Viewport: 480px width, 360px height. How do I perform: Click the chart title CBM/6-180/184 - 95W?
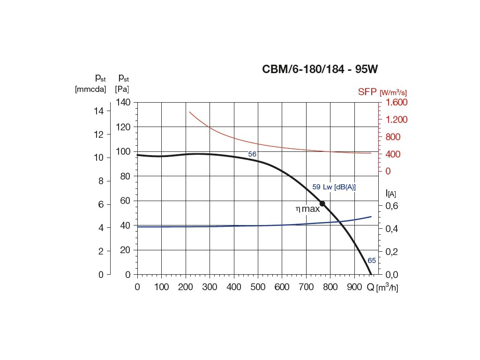click(x=320, y=70)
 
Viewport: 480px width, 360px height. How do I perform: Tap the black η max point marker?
click(x=322, y=203)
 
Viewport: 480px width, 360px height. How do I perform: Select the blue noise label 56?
click(x=252, y=154)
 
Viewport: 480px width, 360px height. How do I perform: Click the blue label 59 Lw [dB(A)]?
click(x=334, y=187)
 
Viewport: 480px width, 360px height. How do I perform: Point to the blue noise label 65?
click(x=372, y=261)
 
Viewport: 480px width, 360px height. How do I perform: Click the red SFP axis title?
click(x=367, y=92)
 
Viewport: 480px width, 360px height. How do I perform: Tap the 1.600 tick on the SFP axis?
click(x=397, y=102)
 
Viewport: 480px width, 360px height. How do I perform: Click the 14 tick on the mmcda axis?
click(x=99, y=111)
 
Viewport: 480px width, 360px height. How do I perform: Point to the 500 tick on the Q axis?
click(x=258, y=287)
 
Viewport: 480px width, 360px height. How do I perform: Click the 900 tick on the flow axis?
click(x=354, y=287)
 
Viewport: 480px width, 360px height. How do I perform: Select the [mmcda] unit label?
click(x=90, y=89)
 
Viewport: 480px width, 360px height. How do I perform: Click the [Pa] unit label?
click(x=123, y=89)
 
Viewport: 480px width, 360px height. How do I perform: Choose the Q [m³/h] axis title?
click(x=382, y=287)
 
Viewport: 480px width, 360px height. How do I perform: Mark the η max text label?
click(x=307, y=209)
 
